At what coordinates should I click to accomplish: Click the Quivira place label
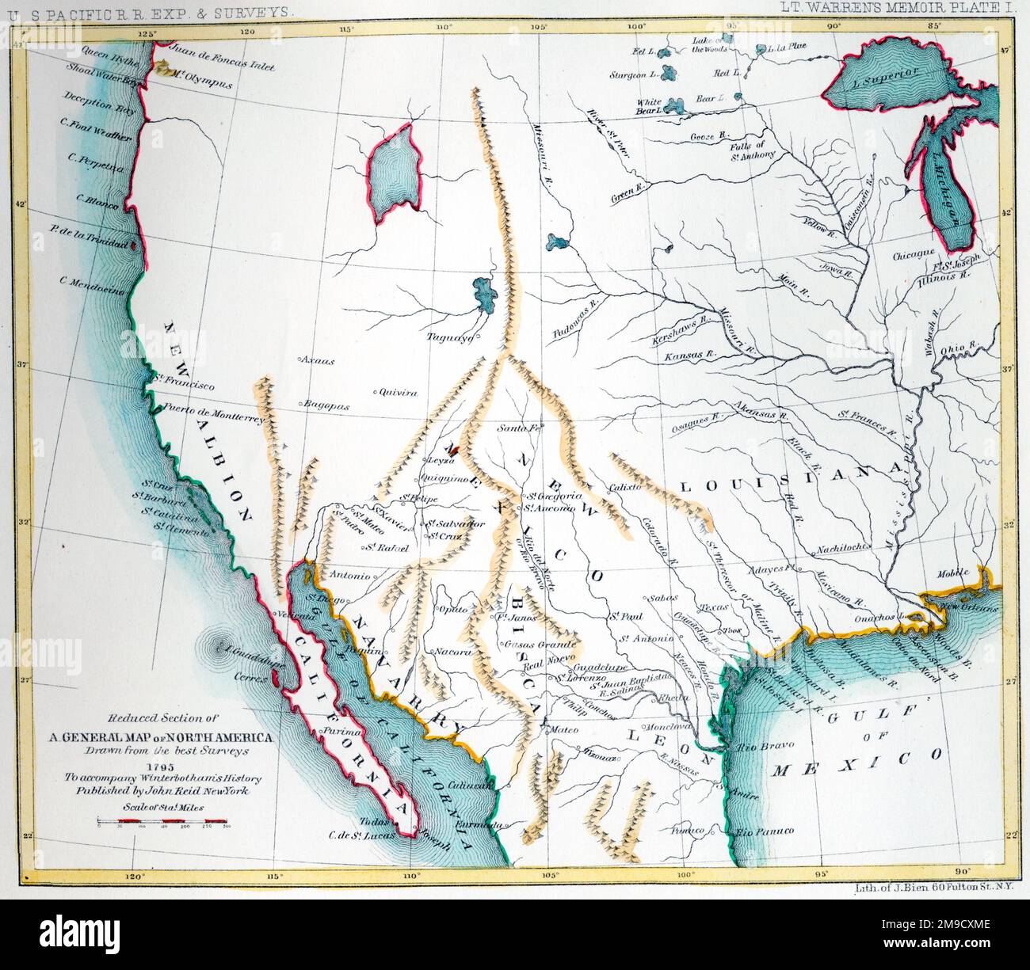(x=398, y=391)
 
